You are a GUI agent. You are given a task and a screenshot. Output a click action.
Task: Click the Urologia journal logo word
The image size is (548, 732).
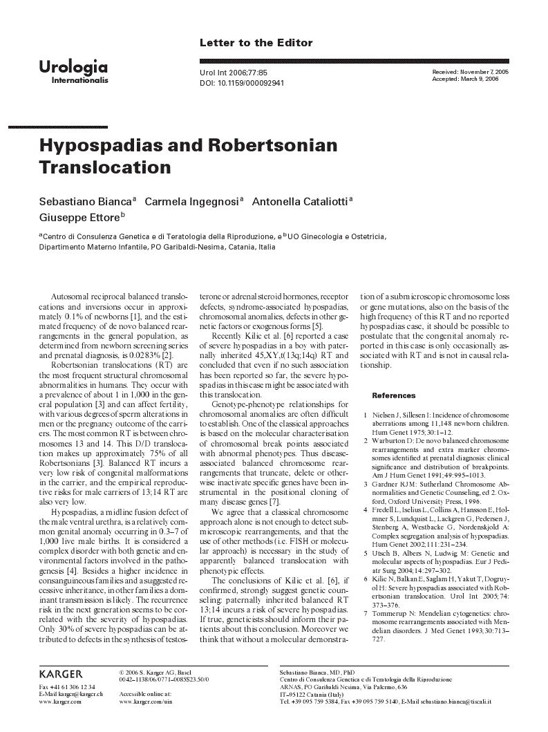click(x=73, y=67)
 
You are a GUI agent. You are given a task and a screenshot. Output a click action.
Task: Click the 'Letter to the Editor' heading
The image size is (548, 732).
click(x=256, y=43)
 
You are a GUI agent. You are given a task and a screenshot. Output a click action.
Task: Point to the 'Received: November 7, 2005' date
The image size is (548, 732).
click(x=470, y=72)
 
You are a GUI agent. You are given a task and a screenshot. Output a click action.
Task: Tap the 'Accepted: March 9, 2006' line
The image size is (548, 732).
click(x=465, y=79)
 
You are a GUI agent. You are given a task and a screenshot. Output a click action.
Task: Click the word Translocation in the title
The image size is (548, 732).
click(x=105, y=167)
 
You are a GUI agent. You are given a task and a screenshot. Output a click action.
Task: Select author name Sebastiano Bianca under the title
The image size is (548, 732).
click(x=85, y=202)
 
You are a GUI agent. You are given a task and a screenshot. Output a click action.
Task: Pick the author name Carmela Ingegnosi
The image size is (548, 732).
click(x=191, y=202)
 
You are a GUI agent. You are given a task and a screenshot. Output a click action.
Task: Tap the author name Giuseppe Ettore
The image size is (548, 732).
click(x=79, y=217)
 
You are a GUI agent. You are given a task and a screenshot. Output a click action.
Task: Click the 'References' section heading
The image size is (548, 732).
click(x=394, y=395)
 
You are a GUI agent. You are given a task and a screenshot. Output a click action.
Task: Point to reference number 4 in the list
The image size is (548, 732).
click(x=366, y=510)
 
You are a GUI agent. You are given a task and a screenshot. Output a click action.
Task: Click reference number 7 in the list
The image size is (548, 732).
click(x=366, y=613)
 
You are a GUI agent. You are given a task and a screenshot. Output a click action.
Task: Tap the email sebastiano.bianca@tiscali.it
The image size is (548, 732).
click(x=457, y=702)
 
